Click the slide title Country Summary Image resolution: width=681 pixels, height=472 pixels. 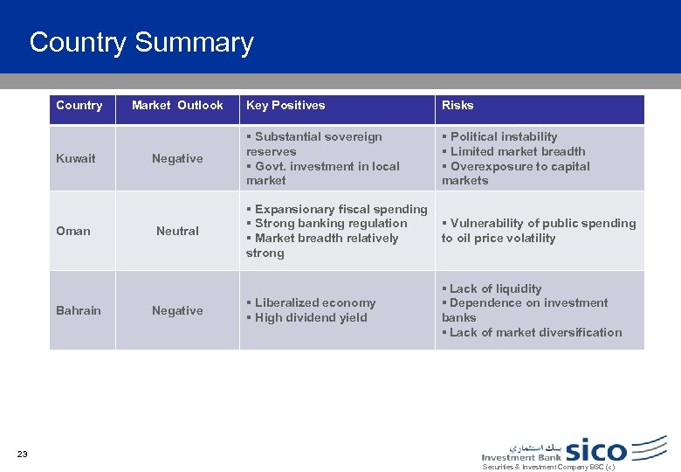[x=141, y=42]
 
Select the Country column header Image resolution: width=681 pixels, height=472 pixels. [x=79, y=105]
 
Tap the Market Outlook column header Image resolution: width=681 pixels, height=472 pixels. [x=177, y=105]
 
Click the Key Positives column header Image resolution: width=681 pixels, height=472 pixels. [x=285, y=105]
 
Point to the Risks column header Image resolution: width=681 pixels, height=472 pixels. [x=457, y=105]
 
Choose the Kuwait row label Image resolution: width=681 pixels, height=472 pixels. [x=75, y=158]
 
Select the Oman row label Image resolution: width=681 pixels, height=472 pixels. [x=73, y=231]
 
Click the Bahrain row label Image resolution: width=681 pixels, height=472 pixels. [x=78, y=310]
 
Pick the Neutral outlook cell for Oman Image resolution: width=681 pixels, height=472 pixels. [x=177, y=231]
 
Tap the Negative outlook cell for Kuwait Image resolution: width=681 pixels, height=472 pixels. [x=177, y=158]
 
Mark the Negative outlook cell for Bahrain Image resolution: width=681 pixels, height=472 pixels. [x=177, y=310]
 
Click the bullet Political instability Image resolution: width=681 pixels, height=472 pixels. [x=502, y=136]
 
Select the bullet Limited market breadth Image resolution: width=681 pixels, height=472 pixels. [x=516, y=151]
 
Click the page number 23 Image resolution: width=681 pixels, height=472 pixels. [x=22, y=453]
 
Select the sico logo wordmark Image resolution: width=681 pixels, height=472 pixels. [x=596, y=450]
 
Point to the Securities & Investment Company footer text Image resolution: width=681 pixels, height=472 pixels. [x=548, y=467]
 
